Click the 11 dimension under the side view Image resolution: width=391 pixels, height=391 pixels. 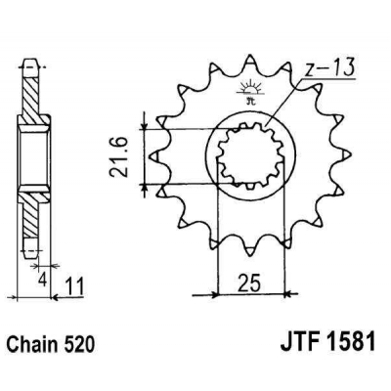pos(72,285)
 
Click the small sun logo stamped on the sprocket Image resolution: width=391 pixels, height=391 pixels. pos(246,91)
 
